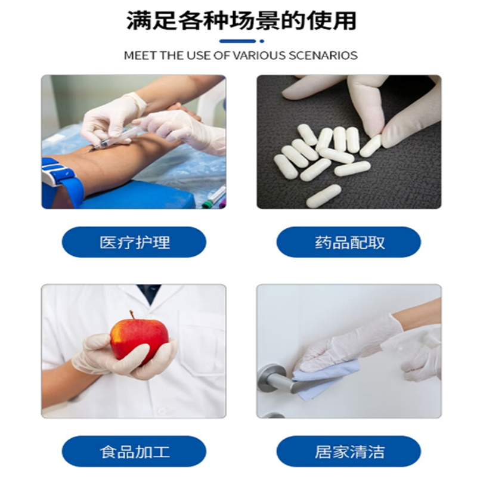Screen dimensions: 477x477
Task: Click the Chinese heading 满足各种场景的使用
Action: tap(241, 20)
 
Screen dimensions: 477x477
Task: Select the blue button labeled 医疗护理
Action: tap(134, 242)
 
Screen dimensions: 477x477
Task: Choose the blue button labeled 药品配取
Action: tap(349, 242)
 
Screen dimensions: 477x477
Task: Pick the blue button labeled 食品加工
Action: tap(134, 451)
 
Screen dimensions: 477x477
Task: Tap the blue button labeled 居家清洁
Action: tap(349, 451)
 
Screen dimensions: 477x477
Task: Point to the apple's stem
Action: tap(132, 315)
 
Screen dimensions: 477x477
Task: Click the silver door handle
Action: tap(275, 379)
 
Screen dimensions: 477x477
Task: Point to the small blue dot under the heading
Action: tap(262, 41)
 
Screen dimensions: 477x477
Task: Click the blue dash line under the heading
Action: tap(237, 41)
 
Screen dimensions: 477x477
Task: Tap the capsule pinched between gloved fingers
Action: tap(370, 145)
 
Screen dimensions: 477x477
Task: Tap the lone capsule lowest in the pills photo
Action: tap(324, 196)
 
